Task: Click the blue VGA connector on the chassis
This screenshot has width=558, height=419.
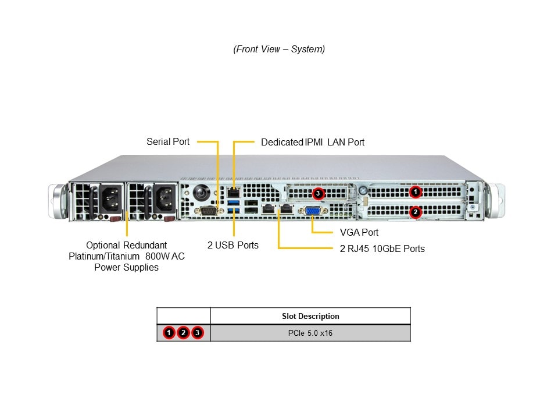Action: click(x=312, y=212)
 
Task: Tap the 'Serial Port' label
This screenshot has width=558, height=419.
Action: click(x=168, y=141)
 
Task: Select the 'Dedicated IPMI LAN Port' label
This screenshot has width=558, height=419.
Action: click(x=313, y=142)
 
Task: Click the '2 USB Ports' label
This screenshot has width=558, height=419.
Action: click(x=233, y=245)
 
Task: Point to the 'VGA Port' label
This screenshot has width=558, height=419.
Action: click(x=359, y=232)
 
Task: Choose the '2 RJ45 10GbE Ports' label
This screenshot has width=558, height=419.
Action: click(x=382, y=248)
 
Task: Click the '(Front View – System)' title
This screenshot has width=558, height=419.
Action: click(x=279, y=49)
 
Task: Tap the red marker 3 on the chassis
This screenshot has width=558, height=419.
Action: click(x=318, y=193)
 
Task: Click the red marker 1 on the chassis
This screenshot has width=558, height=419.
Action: click(x=415, y=191)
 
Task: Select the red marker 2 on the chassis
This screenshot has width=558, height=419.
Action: click(x=415, y=212)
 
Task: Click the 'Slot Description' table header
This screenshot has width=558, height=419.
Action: click(x=310, y=316)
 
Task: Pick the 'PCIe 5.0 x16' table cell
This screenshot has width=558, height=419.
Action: click(x=310, y=333)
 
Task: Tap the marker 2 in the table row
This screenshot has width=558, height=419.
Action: click(x=183, y=333)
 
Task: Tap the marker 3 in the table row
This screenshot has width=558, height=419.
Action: click(x=197, y=333)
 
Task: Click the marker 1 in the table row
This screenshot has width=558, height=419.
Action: click(x=169, y=333)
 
